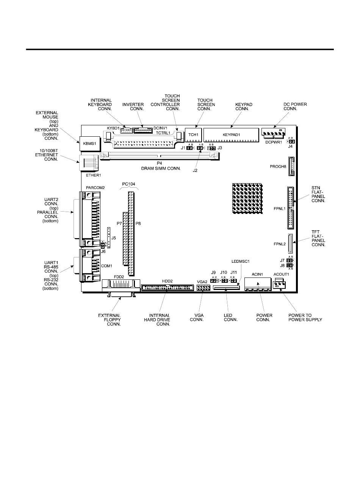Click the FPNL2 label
click(x=278, y=244)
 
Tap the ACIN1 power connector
click(x=258, y=283)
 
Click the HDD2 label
click(x=167, y=281)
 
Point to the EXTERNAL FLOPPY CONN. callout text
click(x=110, y=320)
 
